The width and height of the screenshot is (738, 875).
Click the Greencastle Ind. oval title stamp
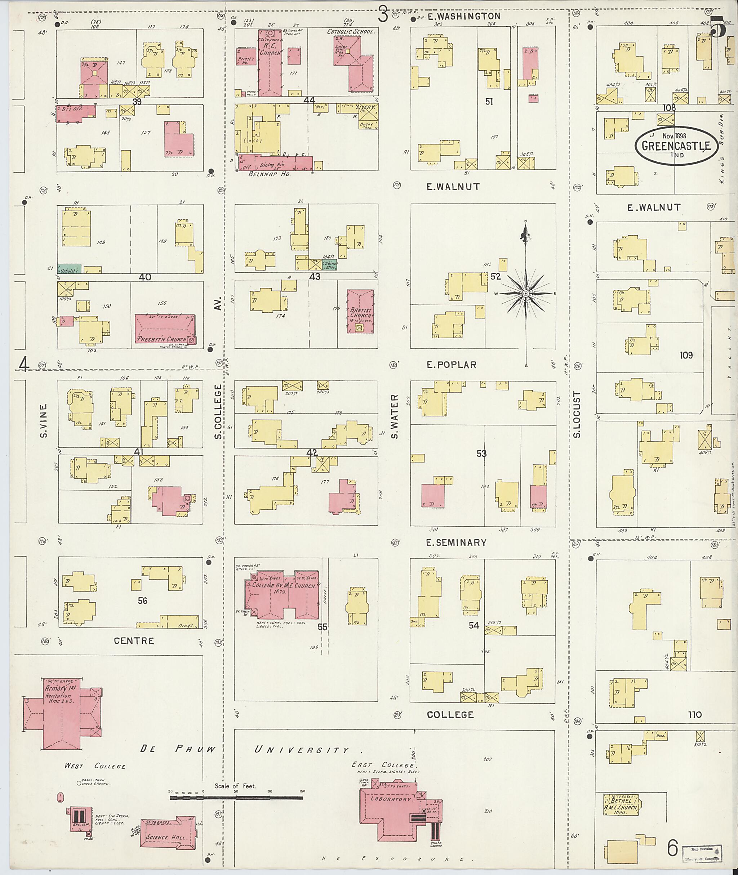(676, 146)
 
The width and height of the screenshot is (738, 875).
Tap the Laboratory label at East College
(391, 799)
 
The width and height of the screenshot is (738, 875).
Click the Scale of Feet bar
(236, 798)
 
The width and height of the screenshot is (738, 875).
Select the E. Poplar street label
(451, 365)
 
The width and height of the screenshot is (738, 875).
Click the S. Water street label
(395, 416)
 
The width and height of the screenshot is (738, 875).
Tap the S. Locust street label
(577, 415)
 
